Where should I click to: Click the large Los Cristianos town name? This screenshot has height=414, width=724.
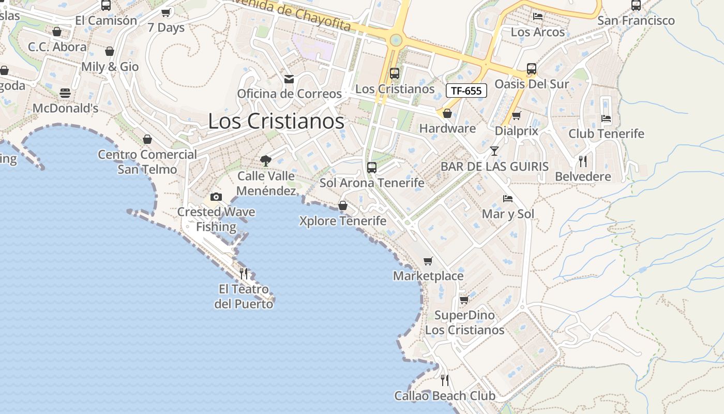276,121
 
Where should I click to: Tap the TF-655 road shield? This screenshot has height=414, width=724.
466,91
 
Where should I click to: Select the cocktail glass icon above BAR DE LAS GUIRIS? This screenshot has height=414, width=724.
494,151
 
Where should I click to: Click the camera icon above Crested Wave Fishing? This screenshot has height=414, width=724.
216,197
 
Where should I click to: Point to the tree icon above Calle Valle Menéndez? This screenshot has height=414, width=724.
266,160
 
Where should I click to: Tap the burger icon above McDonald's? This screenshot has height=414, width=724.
65,93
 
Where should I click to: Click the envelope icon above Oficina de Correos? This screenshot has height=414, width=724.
289,79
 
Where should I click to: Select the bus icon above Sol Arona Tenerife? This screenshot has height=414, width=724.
371,167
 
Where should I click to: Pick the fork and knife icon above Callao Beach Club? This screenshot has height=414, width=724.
445,380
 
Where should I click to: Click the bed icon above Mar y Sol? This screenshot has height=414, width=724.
508,199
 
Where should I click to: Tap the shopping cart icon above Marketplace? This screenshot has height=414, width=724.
428,261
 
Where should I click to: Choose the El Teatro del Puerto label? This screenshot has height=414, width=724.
244,297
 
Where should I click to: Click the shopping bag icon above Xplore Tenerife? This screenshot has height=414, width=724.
342,206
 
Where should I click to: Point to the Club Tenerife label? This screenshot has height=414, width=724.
606,134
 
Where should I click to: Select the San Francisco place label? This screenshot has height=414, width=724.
636,21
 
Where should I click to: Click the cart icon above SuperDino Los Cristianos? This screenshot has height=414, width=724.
464,300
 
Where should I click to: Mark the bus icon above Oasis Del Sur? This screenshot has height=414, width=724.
531,68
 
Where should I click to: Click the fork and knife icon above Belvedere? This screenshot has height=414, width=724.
583,161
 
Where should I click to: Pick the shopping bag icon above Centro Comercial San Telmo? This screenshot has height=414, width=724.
147,139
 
